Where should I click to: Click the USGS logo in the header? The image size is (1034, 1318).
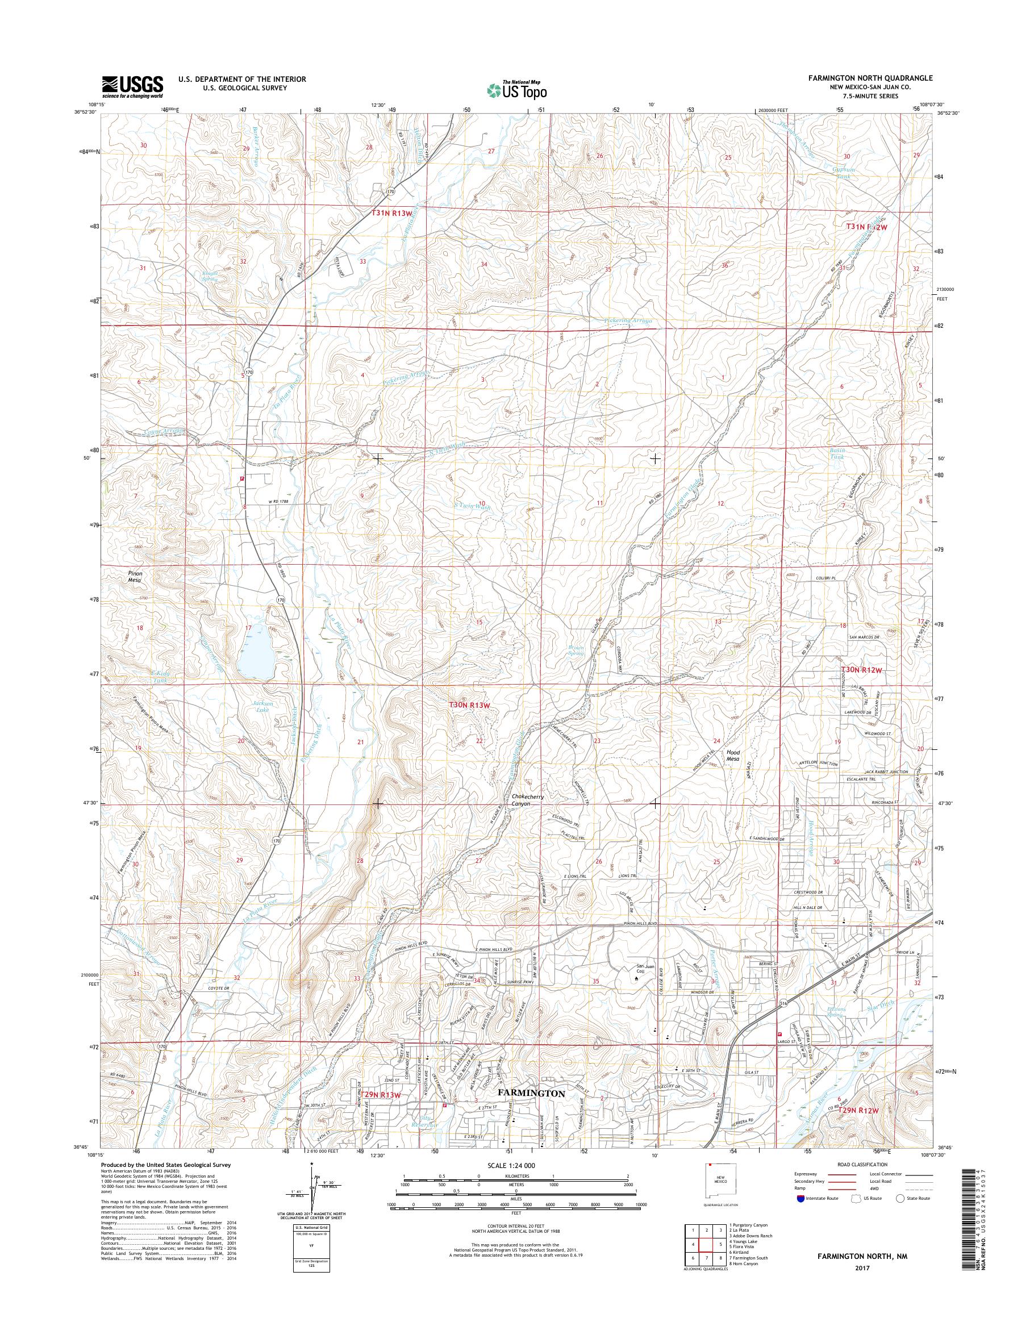(132, 86)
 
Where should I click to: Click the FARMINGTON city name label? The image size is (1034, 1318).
(531, 1094)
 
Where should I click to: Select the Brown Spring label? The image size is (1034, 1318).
(576, 650)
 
